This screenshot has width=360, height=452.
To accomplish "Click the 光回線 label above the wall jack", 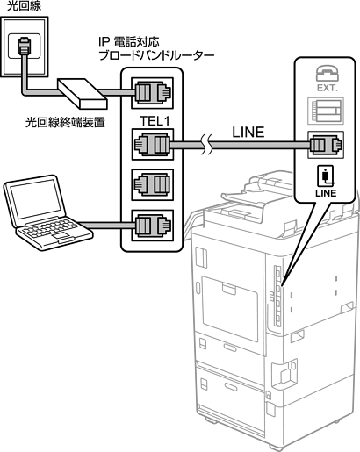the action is pyautogui.click(x=24, y=6).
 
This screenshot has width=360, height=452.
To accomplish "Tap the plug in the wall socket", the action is pyautogui.click(x=23, y=46).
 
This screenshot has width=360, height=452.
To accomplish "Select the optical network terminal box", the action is pyautogui.click(x=83, y=93).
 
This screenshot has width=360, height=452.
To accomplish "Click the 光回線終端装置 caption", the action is pyautogui.click(x=65, y=123).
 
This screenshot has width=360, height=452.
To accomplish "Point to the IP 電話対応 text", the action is pyautogui.click(x=129, y=42).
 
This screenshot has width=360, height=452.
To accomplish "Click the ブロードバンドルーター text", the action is pyautogui.click(x=157, y=55).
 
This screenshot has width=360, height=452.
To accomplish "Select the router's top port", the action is pyautogui.click(x=152, y=93).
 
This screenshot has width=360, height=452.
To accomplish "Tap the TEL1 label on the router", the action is pyautogui.click(x=155, y=121).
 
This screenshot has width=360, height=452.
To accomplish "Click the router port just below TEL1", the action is pyautogui.click(x=152, y=144).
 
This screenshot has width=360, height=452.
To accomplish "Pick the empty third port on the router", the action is pyautogui.click(x=152, y=185).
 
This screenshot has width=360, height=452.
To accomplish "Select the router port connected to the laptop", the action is pyautogui.click(x=152, y=226).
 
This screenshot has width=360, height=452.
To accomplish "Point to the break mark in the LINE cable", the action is pyautogui.click(x=206, y=145).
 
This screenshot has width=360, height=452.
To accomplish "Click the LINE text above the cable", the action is pyautogui.click(x=248, y=132).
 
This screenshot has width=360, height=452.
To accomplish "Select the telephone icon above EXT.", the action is pyautogui.click(x=327, y=73).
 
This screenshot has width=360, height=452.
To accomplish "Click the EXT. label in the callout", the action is pyautogui.click(x=328, y=88).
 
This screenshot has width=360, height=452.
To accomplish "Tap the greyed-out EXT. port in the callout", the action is pyautogui.click(x=326, y=111).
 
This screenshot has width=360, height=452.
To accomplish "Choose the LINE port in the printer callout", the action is pyautogui.click(x=326, y=145).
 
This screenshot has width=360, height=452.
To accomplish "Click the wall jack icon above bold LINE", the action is pyautogui.click(x=325, y=176).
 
